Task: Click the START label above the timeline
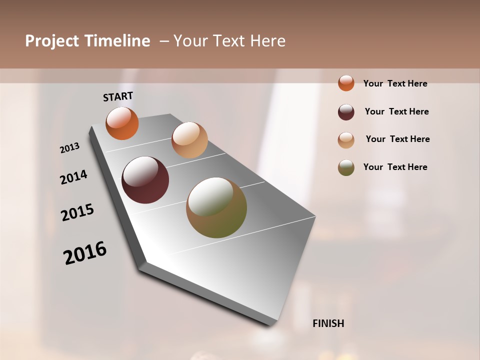[118, 96]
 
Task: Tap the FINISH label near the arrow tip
[328, 323]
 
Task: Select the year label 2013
[70, 148]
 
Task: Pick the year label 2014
[74, 177]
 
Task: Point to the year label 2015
[77, 212]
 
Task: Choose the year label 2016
[85, 253]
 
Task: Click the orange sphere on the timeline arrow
[122, 123]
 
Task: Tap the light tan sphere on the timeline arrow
[189, 140]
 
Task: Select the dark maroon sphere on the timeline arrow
[145, 180]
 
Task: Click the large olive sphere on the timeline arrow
[216, 207]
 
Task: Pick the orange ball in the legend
[346, 83]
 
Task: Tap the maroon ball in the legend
[346, 112]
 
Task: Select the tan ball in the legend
[346, 140]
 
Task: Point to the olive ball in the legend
[346, 167]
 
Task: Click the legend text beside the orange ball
[395, 83]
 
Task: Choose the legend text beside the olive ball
[395, 167]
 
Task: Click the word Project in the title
[52, 41]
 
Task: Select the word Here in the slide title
[267, 41]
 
